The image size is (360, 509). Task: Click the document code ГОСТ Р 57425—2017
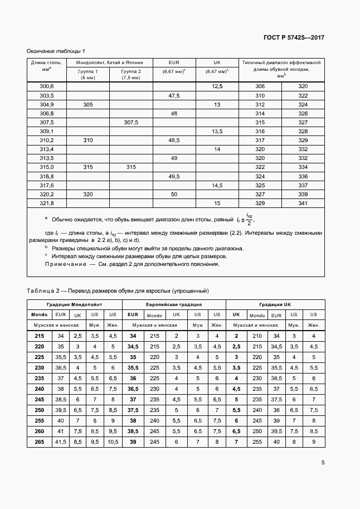point(293,38)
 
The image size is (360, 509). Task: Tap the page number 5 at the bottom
point(323,462)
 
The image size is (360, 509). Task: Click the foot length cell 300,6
point(47,86)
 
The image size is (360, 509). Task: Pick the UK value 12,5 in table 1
point(217,86)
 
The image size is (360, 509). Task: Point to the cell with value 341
point(303,203)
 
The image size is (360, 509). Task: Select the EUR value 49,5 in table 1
point(174,176)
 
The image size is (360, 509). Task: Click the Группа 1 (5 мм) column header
point(88,75)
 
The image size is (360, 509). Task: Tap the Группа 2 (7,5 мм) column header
point(131,75)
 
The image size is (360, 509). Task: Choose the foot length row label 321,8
point(47,203)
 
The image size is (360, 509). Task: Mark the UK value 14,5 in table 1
point(217,185)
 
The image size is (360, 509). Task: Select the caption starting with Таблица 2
point(118,290)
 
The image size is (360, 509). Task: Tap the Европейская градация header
point(173,305)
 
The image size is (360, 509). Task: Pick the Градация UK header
point(275,305)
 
